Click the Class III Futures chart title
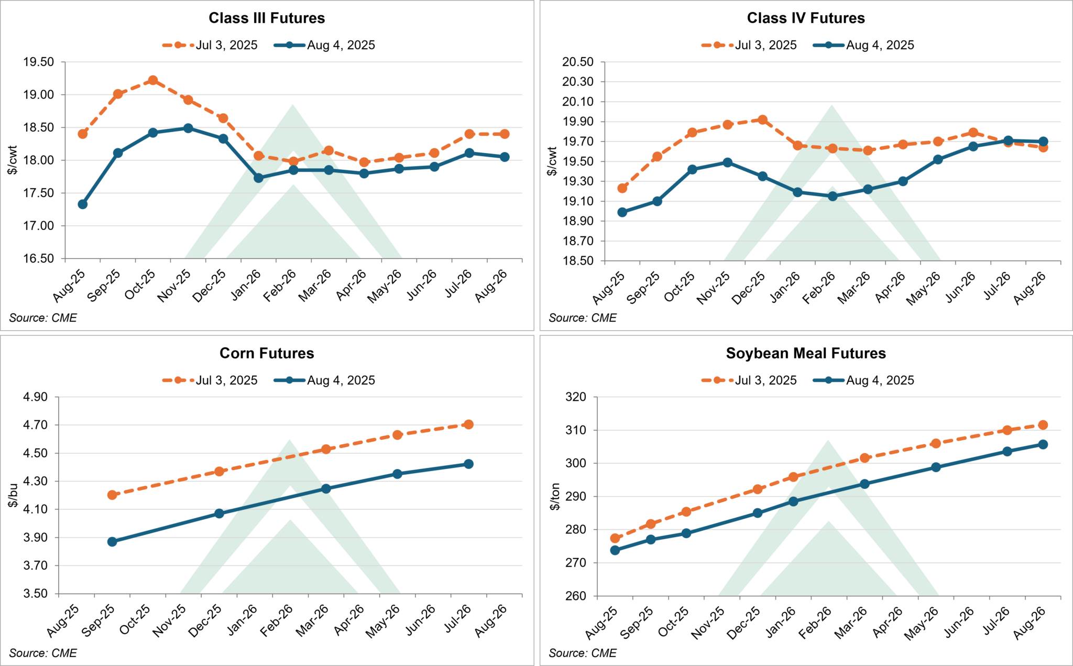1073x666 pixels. [267, 18]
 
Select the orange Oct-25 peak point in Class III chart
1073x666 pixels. [153, 80]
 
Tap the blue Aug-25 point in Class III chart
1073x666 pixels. [83, 204]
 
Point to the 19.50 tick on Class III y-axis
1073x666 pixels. [38, 62]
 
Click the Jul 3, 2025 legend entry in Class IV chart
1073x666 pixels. [750, 45]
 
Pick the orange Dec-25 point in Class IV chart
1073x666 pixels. [763, 120]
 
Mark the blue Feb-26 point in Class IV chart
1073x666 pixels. [833, 196]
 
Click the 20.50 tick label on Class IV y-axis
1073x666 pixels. [578, 62]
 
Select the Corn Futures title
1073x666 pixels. [267, 353]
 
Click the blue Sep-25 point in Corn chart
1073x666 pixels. [112, 542]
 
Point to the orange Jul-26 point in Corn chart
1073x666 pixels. [468, 424]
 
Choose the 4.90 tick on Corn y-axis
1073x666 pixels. [35, 397]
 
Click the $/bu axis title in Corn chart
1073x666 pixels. [13, 495]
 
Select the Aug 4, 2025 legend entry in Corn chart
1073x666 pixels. [325, 380]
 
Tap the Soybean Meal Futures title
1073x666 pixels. [806, 353]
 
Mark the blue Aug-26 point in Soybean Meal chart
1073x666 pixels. [1043, 444]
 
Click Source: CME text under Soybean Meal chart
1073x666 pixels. [582, 653]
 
